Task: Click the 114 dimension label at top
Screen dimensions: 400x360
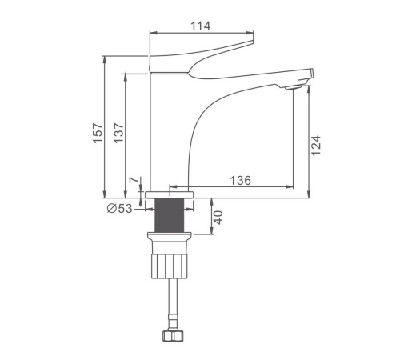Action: (200, 26)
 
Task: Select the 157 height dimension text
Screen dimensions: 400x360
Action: (98, 133)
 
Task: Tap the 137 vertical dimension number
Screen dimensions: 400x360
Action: (118, 133)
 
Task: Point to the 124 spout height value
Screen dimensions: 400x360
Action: (316, 146)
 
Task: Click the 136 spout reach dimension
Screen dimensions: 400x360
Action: (241, 181)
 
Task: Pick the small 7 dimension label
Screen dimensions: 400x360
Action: (134, 180)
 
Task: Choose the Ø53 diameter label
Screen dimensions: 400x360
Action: (119, 208)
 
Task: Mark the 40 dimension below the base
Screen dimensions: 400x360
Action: (218, 218)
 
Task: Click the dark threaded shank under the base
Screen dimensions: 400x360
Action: (170, 215)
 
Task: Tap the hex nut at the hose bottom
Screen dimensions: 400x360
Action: (173, 335)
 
